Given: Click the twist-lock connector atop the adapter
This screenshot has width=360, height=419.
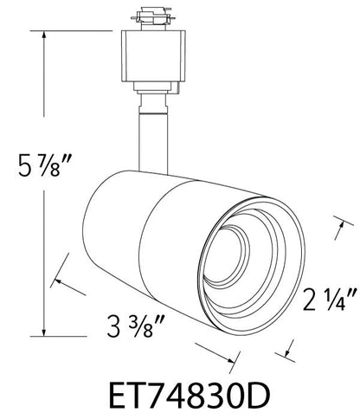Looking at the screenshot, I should [x=153, y=16].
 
